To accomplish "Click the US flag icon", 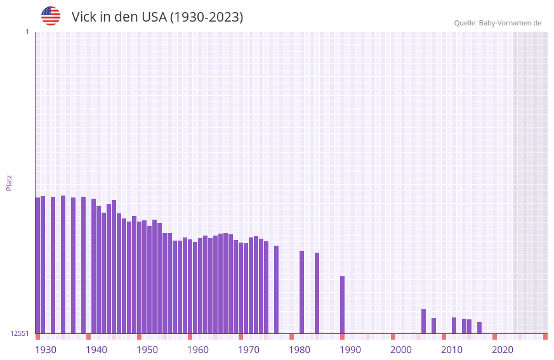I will click(x=51, y=16).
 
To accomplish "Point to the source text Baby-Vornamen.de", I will click(x=510, y=23).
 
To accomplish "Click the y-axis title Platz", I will click(x=9, y=182).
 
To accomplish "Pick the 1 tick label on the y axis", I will click(x=27, y=32).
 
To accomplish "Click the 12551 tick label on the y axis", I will click(x=20, y=333).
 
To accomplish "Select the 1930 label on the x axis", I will click(x=46, y=350).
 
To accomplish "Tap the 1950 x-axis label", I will click(x=147, y=350).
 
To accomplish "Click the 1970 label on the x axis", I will click(x=249, y=350).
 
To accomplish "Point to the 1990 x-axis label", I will click(x=350, y=350).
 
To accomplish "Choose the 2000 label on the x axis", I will click(x=401, y=350).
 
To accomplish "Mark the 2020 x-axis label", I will click(x=503, y=350).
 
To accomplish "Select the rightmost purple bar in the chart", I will click(x=479, y=328).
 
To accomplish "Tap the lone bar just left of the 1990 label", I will click(x=342, y=305).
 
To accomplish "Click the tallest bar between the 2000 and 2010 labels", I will click(x=423, y=321).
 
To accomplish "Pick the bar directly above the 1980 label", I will click(x=301, y=292).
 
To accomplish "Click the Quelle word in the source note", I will click(x=465, y=23).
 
